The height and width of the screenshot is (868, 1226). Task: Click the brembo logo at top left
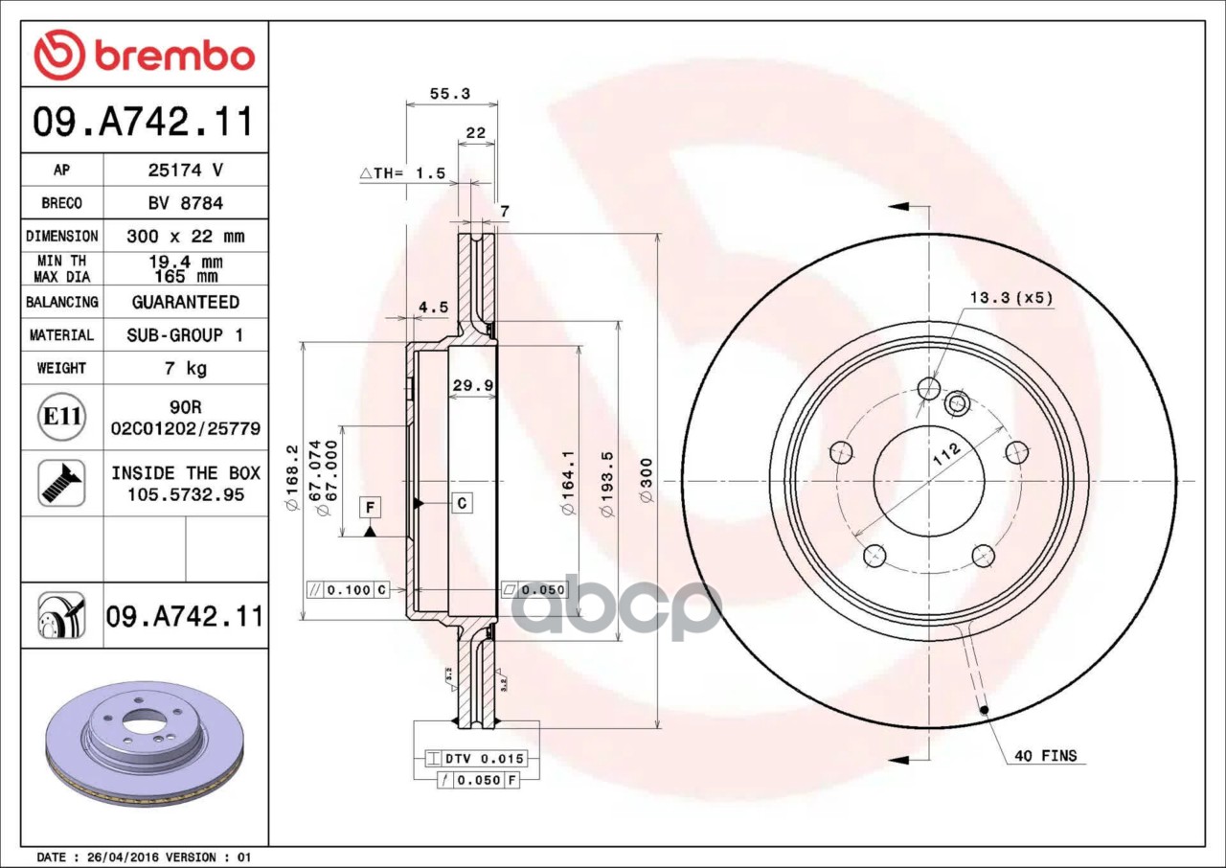pos(145,55)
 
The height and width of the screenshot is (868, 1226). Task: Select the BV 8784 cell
pos(186,203)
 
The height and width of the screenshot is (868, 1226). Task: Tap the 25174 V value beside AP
pos(186,171)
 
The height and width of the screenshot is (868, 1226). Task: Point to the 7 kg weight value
pos(186,368)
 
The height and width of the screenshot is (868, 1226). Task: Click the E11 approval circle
pos(62,417)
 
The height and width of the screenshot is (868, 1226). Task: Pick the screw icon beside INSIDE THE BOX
pos(62,483)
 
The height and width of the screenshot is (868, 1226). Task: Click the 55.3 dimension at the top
pos(450,94)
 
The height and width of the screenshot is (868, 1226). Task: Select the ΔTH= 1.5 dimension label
pos(403,173)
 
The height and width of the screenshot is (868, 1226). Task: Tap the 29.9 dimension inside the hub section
pos(473,385)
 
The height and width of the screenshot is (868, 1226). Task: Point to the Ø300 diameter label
pos(647,481)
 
